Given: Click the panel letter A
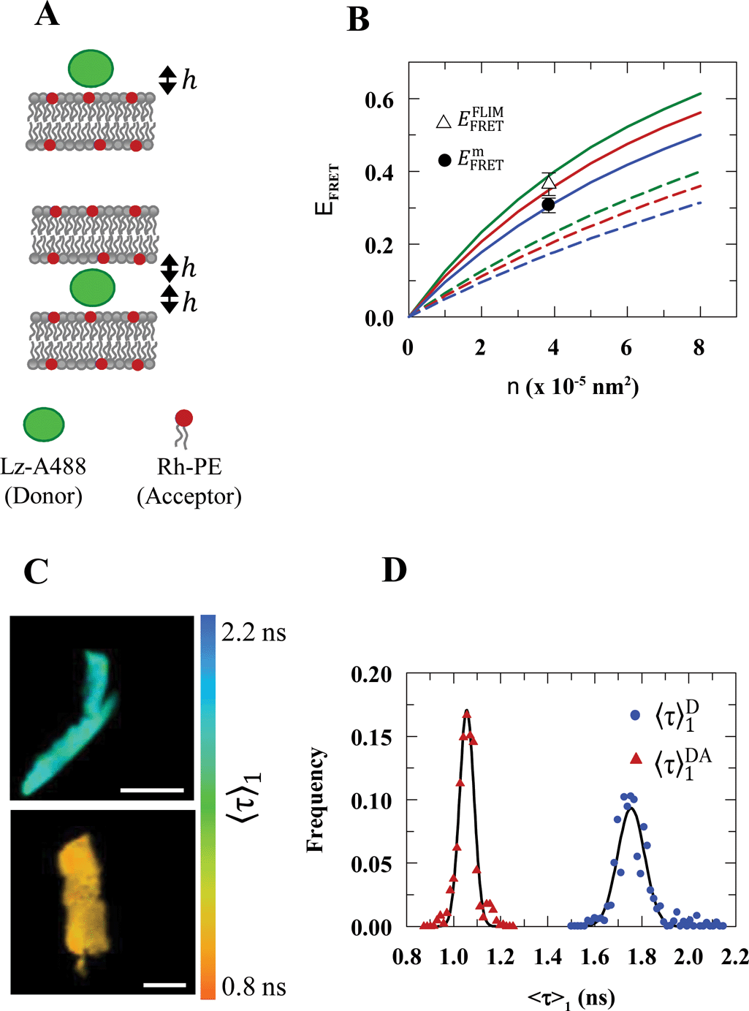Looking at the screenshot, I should coord(47,14).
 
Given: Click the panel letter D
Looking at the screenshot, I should coord(394,570).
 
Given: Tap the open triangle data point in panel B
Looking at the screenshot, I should coord(549,182).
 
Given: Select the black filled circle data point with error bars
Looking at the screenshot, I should coord(548,205).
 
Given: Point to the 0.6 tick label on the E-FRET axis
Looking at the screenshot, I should coord(379,99).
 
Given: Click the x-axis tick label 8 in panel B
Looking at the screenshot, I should coord(699,348).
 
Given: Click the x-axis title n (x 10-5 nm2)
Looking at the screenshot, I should coord(573,385).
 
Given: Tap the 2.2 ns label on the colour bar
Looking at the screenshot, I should coord(254,632).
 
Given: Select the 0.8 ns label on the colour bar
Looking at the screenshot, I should coord(254,987).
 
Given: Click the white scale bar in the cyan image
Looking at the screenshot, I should coord(152,790).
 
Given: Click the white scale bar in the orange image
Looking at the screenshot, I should coord(164,985).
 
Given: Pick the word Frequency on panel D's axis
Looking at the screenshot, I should coord(315,800).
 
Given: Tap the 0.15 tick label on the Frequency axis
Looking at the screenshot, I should coord(370,737).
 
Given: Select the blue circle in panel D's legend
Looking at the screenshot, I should coord(635,715).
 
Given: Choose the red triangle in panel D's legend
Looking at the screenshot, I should coord(635,760).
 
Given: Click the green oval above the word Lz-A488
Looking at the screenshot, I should coord(44,425).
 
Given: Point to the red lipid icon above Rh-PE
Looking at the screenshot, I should coord(183,419).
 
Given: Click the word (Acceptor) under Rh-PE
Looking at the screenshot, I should coord(189,496).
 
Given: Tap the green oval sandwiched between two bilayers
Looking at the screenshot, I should coord(92,287).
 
